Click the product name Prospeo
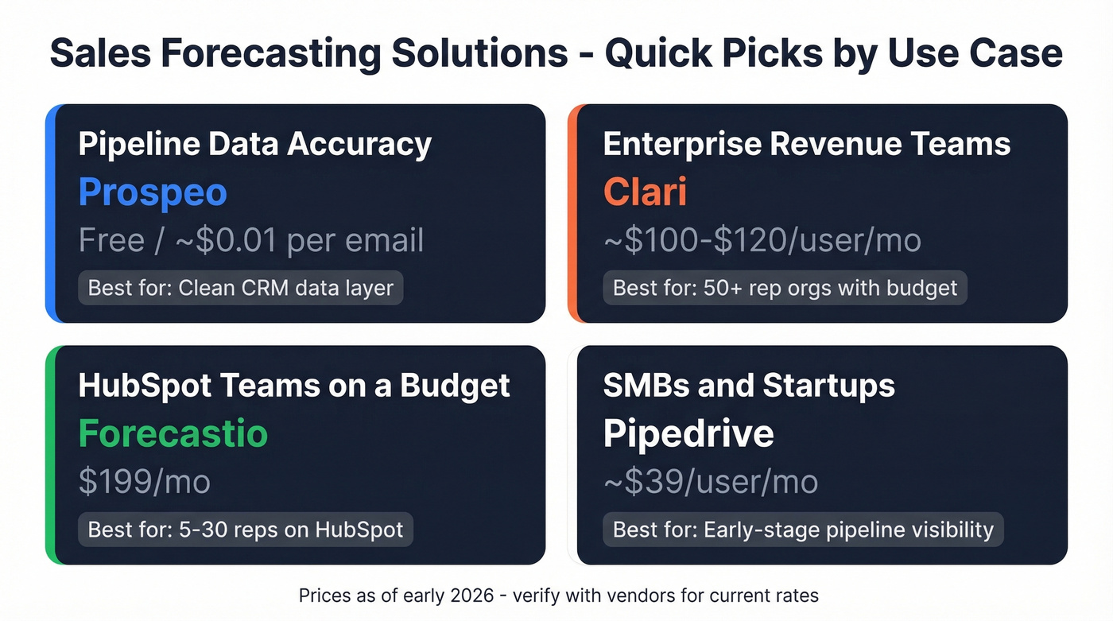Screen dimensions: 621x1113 [153, 192]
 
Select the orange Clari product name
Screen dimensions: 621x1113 [645, 192]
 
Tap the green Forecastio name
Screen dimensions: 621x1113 [173, 433]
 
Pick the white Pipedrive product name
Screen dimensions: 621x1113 [688, 433]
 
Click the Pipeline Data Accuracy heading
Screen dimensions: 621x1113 [255, 145]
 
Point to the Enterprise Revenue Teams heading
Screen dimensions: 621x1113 [807, 145]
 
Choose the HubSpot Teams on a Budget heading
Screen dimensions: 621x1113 [294, 386]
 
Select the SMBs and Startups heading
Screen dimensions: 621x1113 [749, 386]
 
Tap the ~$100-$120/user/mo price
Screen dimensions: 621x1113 [762, 240]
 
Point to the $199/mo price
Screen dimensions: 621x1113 [144, 481]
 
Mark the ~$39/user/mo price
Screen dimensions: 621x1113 [711, 481]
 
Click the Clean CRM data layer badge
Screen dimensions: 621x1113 [241, 288]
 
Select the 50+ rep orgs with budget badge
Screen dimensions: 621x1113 [785, 288]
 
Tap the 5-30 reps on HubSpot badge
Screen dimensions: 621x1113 [246, 530]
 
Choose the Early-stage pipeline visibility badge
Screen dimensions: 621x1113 [803, 530]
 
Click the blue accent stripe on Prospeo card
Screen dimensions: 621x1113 [50, 213]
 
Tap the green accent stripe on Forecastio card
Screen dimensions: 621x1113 [50, 455]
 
